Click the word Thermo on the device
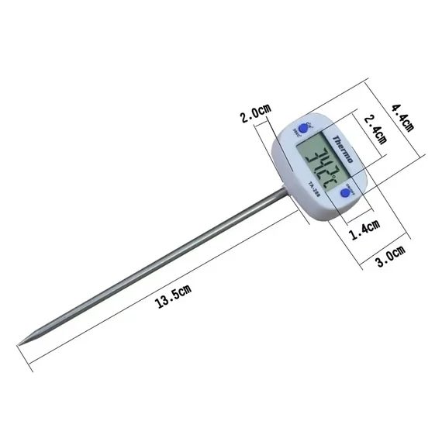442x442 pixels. [x=342, y=149]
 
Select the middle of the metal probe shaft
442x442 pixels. [x=155, y=268]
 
